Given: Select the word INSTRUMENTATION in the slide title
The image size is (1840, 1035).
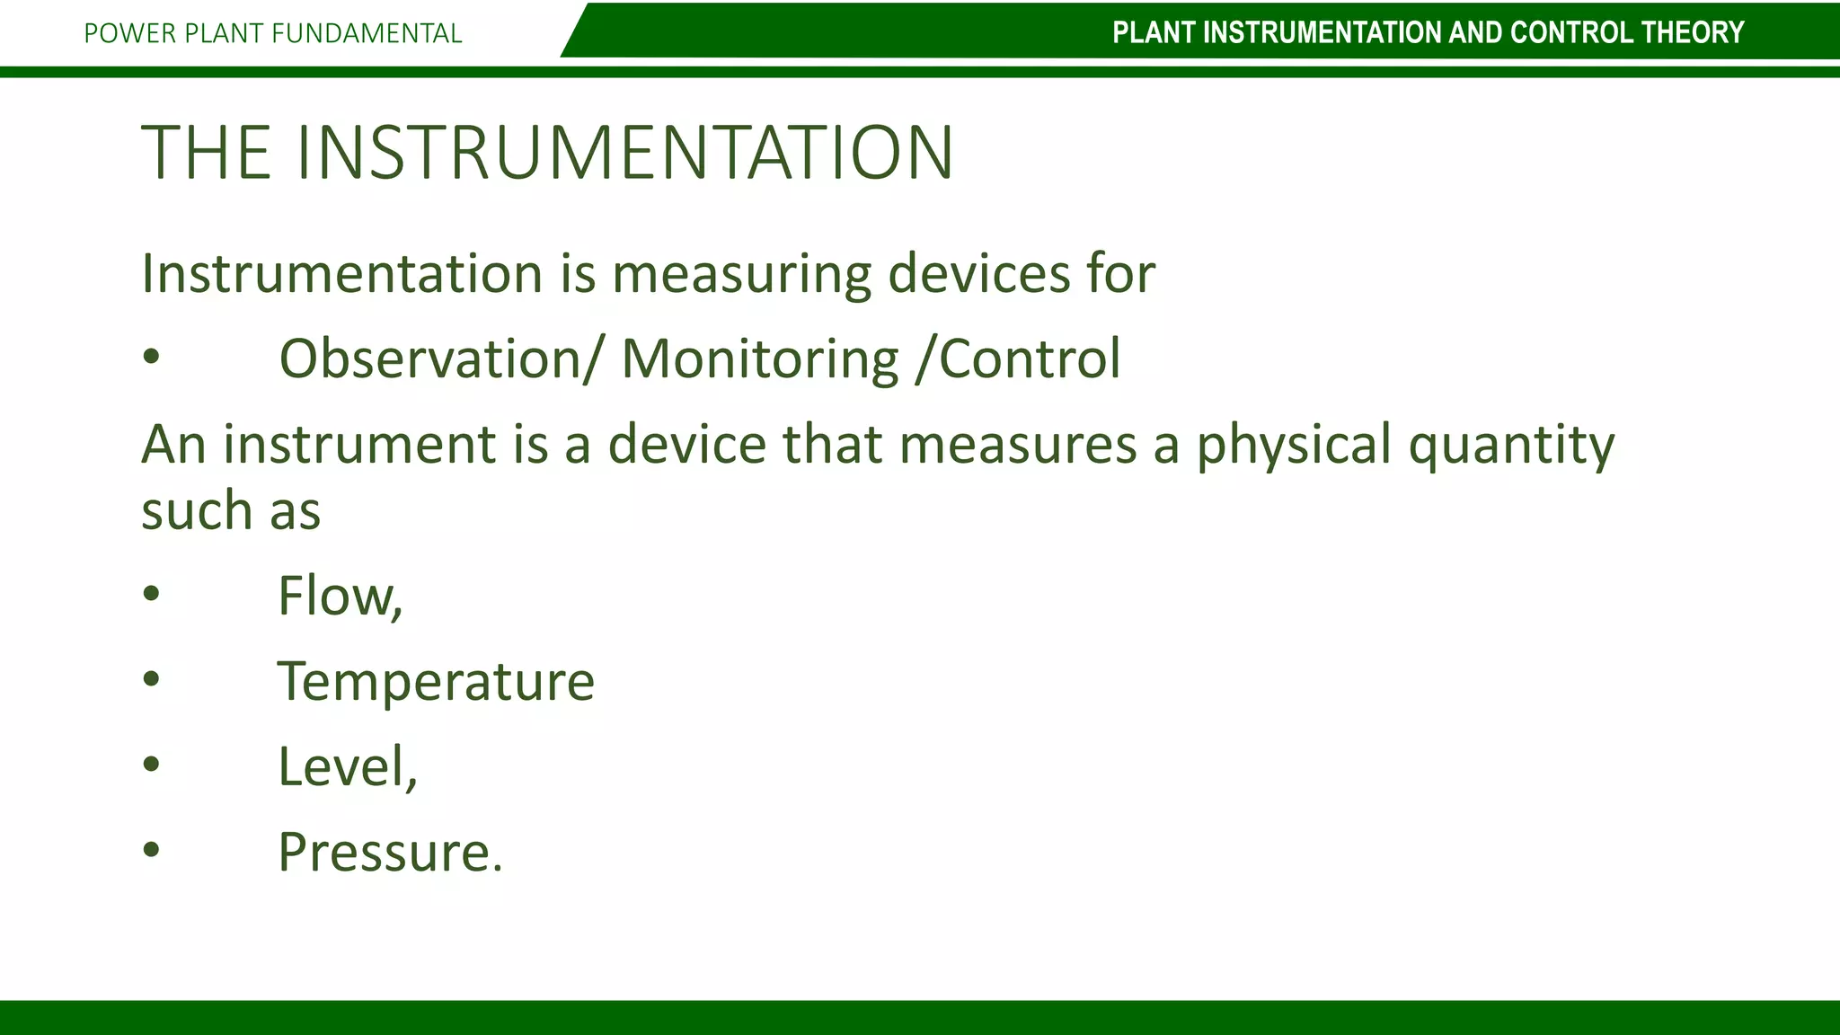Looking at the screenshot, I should click(x=624, y=152).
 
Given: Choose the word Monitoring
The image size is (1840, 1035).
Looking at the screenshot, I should click(x=759, y=358).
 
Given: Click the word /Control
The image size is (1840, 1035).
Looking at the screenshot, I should click(x=1018, y=358).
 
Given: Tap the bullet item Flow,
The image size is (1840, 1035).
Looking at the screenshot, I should click(x=340, y=596).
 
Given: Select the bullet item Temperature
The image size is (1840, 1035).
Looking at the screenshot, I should click(x=436, y=681).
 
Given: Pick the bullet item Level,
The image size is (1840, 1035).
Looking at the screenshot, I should click(x=348, y=766).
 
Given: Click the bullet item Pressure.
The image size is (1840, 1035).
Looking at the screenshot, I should click(x=390, y=852).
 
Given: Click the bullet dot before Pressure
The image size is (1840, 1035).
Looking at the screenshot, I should click(x=151, y=849).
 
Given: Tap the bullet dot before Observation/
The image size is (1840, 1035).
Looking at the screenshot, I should click(x=151, y=357).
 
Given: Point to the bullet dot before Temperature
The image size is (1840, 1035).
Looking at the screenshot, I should click(x=151, y=678).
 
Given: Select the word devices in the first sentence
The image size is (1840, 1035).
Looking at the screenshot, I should click(x=979, y=273).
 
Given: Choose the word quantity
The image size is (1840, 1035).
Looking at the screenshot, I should click(x=1511, y=445).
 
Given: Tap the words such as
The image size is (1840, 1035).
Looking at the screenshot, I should click(x=231, y=511).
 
